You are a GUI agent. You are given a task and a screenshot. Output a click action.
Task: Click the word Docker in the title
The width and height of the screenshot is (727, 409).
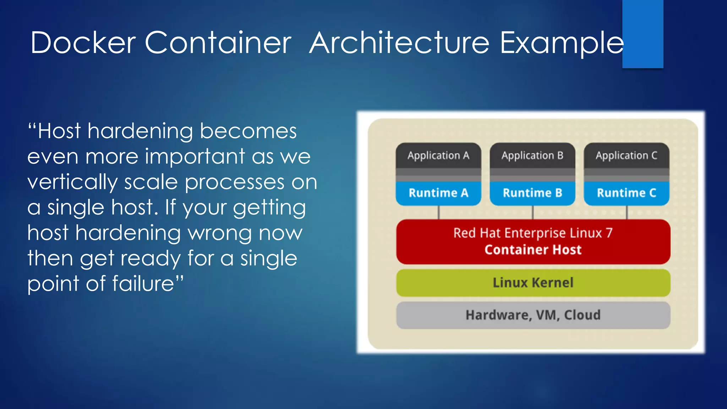tap(83, 43)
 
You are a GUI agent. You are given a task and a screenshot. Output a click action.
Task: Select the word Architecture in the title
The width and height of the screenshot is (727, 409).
tap(399, 43)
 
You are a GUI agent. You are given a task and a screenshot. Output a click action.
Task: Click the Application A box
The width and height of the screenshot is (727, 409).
tap(438, 156)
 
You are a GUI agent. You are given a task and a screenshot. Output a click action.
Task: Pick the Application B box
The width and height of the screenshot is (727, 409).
tap(532, 156)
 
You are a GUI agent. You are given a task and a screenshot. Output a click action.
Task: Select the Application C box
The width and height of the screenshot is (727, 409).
tap(627, 156)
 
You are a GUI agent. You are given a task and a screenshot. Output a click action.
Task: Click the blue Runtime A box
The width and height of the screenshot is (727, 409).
tap(438, 193)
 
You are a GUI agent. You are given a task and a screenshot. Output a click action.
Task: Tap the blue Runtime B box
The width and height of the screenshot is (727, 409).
tap(532, 193)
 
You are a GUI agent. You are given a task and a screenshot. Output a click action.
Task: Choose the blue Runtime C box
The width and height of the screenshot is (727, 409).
tap(627, 193)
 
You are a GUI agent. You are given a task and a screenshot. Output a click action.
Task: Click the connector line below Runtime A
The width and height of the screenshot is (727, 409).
tap(439, 212)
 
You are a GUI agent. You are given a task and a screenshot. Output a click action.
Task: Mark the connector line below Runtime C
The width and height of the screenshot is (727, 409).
tap(627, 212)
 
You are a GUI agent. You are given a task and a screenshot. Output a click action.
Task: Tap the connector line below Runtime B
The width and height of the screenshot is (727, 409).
tap(533, 212)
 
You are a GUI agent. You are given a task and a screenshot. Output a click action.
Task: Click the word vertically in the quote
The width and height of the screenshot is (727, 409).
tap(72, 182)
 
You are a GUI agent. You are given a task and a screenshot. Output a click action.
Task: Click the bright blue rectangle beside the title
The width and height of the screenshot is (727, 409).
tap(643, 34)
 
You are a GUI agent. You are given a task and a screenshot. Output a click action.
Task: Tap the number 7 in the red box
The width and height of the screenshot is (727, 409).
tap(609, 233)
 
